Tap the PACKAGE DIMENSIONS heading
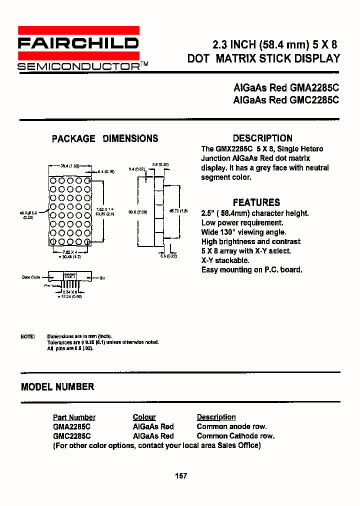coord(105,138)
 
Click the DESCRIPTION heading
coord(262,138)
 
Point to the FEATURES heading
coord(256,202)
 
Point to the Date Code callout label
coord(31,277)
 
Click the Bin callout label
coord(102,277)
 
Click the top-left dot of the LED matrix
coord(52,180)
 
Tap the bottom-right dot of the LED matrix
coord(87,242)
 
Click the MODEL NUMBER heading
coord(57,386)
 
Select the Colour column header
coord(144,417)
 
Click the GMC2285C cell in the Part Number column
coord(72,435)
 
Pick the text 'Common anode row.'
coord(231,426)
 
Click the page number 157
coord(181,475)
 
